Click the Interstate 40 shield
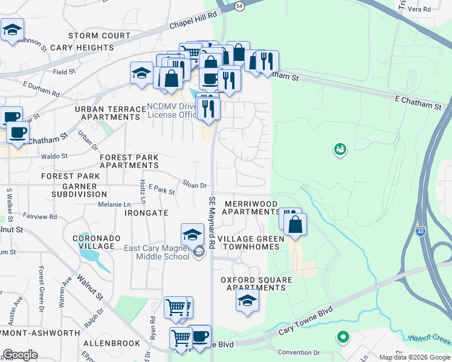[421, 231]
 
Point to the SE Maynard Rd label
[212, 223]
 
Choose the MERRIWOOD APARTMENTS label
[251, 208]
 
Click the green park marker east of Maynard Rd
[340, 148]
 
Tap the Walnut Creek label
[429, 340]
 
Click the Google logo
[20, 355]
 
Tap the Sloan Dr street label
[195, 186]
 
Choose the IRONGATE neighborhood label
[146, 213]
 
